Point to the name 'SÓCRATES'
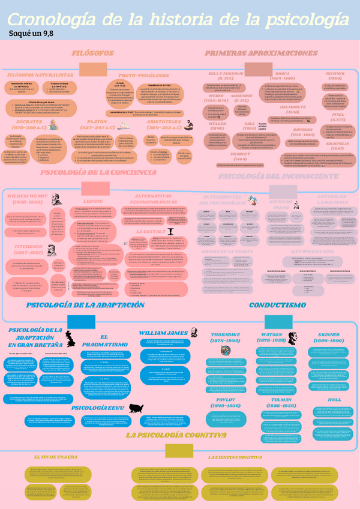tap(26, 120)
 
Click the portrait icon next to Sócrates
tap(52, 124)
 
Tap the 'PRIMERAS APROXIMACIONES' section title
tap(261, 53)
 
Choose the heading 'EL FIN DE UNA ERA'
tap(56, 457)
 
